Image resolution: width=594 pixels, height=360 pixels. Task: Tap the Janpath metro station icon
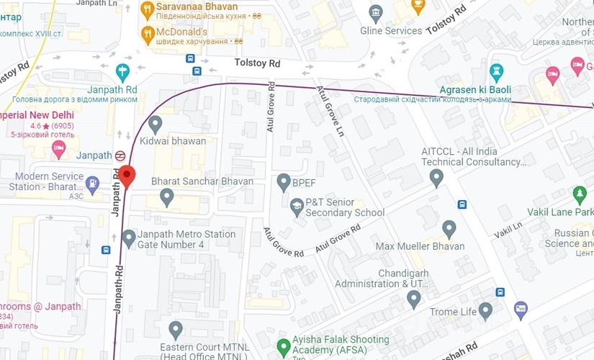pos(121,155)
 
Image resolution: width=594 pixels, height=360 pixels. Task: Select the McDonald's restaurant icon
pos(148,32)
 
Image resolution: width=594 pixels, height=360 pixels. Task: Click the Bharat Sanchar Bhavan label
pos(202,181)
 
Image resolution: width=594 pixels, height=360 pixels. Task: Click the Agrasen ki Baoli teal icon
pos(496,72)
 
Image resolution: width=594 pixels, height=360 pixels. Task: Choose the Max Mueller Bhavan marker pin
pos(450,229)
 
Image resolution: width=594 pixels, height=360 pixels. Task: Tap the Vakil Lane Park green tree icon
pos(580,194)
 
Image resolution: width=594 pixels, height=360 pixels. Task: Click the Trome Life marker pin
pos(485,310)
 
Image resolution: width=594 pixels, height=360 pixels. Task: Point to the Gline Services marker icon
pos(375,13)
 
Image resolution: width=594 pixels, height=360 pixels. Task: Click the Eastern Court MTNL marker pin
pos(176,330)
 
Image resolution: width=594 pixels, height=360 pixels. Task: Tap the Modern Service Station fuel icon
pos(92,184)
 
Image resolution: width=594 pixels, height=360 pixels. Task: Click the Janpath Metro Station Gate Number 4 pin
pos(130,238)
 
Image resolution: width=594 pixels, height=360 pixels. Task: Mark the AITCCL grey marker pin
pos(436,177)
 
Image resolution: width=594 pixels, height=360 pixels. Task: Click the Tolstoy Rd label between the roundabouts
pos(257,63)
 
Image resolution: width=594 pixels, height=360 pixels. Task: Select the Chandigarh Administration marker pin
pos(413,298)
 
